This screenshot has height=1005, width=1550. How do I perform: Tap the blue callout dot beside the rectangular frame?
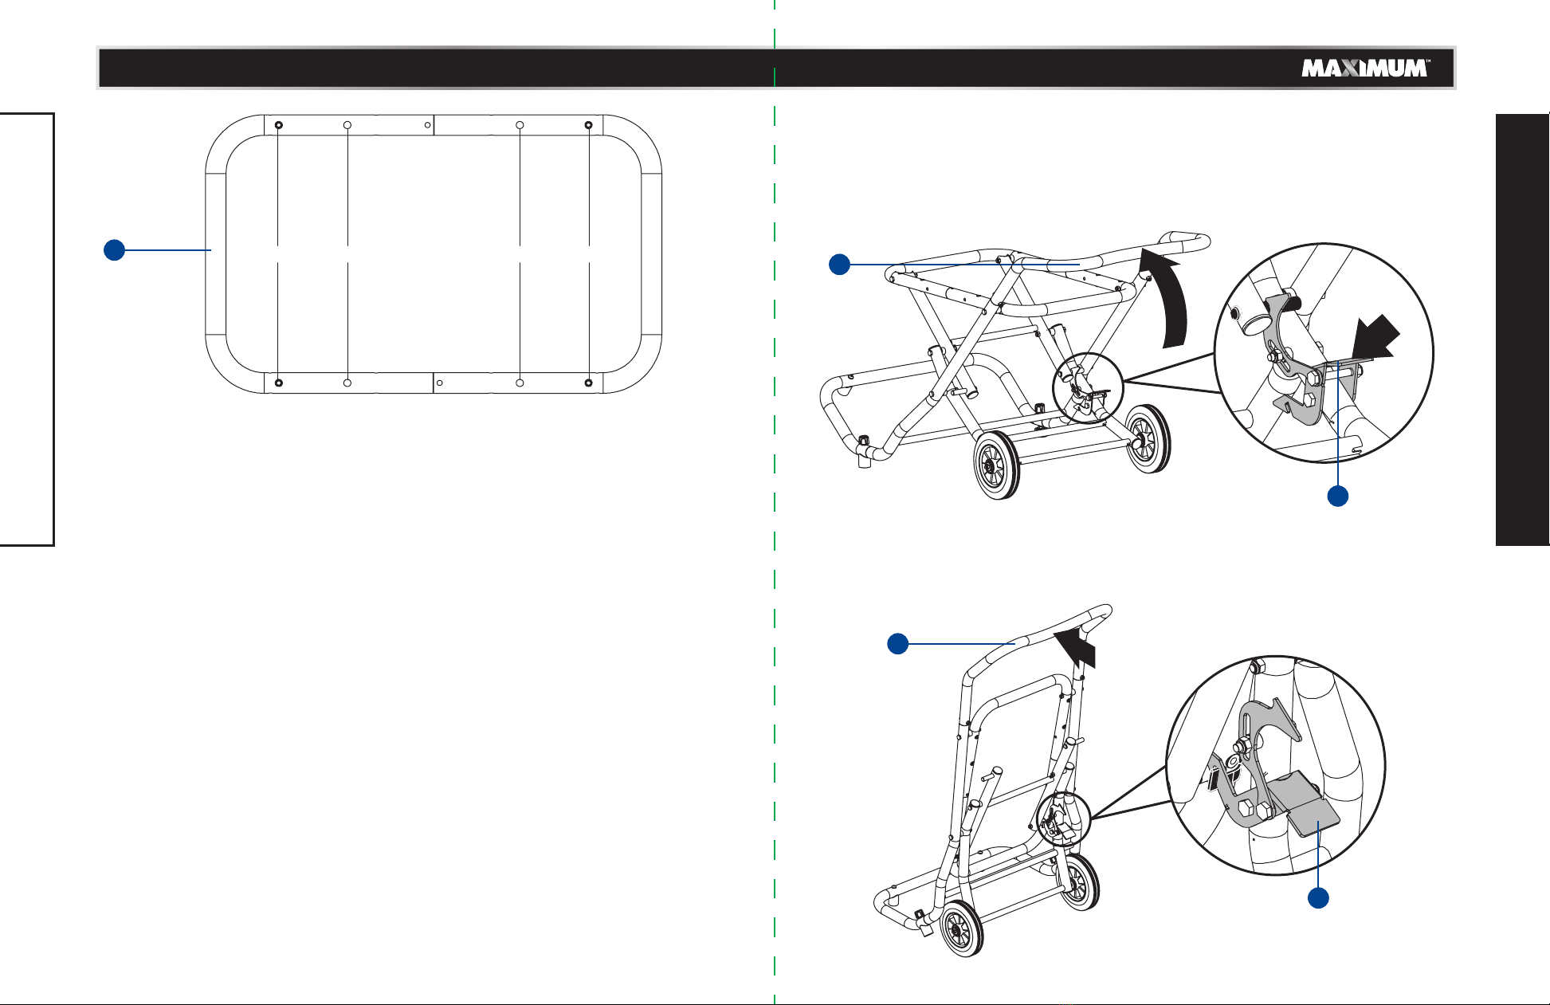[114, 249]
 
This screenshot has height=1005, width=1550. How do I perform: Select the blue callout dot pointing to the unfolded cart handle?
[838, 264]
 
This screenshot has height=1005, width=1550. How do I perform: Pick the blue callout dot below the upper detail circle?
[1337, 496]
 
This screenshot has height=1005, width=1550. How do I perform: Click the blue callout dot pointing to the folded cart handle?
[898, 643]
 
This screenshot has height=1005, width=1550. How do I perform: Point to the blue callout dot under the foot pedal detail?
[1319, 897]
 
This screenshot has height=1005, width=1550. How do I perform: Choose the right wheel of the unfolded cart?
[1148, 438]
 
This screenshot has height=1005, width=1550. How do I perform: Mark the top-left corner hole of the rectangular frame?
[278, 125]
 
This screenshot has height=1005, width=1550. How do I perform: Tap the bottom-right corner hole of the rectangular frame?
[588, 383]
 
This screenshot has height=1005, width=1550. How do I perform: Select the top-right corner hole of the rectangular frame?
[588, 125]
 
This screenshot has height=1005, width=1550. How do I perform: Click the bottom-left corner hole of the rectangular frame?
[278, 383]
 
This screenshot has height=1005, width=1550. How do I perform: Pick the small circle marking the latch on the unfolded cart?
[1087, 387]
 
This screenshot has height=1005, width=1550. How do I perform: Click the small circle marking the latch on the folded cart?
[1064, 819]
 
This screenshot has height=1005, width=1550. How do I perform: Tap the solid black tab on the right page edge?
[1522, 330]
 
